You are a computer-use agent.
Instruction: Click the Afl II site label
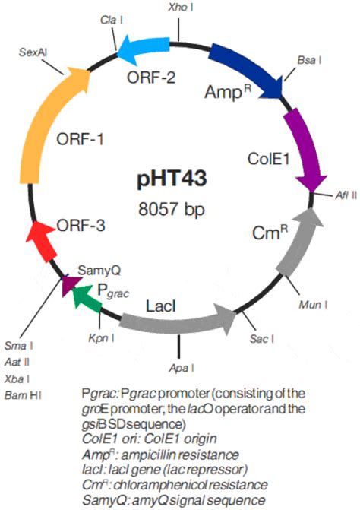click(x=344, y=195)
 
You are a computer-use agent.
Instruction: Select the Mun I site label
click(x=314, y=304)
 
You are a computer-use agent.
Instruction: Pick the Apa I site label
click(x=180, y=369)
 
